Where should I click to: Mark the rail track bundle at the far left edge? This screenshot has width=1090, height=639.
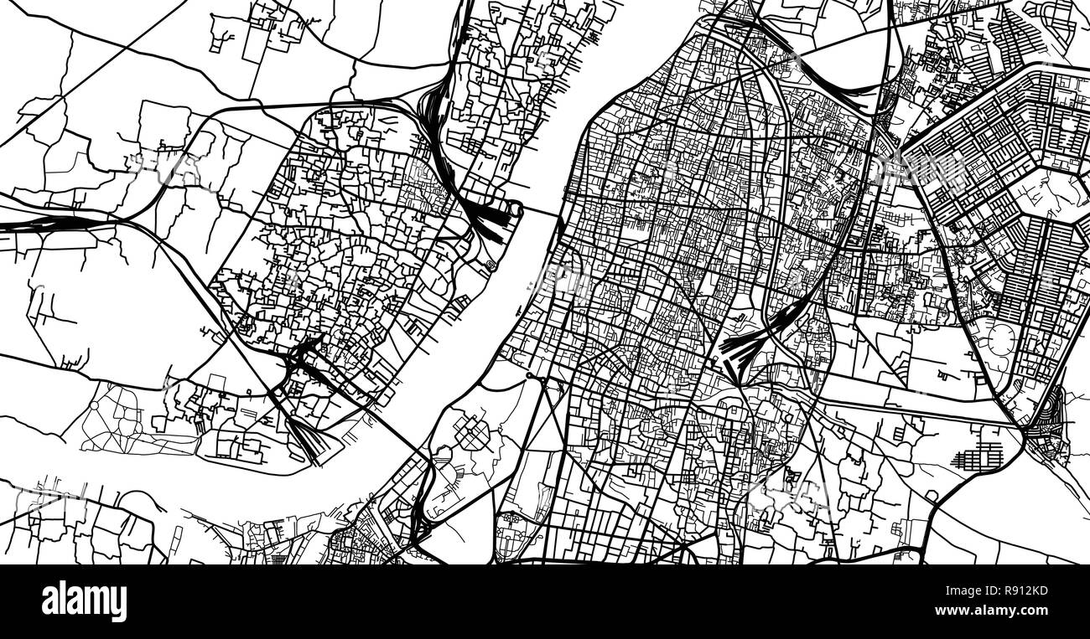pos(34,224)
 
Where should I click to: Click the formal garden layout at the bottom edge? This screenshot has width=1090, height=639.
pos(511,527)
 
